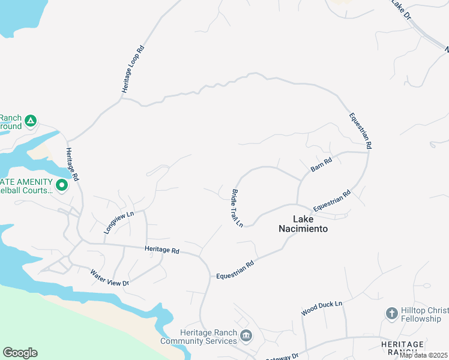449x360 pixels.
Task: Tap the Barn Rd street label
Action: click(x=321, y=165)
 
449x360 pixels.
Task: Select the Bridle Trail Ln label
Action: click(x=237, y=208)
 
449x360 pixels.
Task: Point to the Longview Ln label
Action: click(x=119, y=222)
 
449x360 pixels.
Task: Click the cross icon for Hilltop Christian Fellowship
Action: click(x=391, y=313)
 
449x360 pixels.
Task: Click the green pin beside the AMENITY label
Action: click(x=61, y=186)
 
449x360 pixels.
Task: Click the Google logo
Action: click(x=20, y=353)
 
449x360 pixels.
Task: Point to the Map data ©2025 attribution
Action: click(x=423, y=355)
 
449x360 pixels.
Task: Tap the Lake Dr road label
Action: click(x=400, y=11)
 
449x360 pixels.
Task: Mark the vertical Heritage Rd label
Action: click(x=73, y=165)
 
